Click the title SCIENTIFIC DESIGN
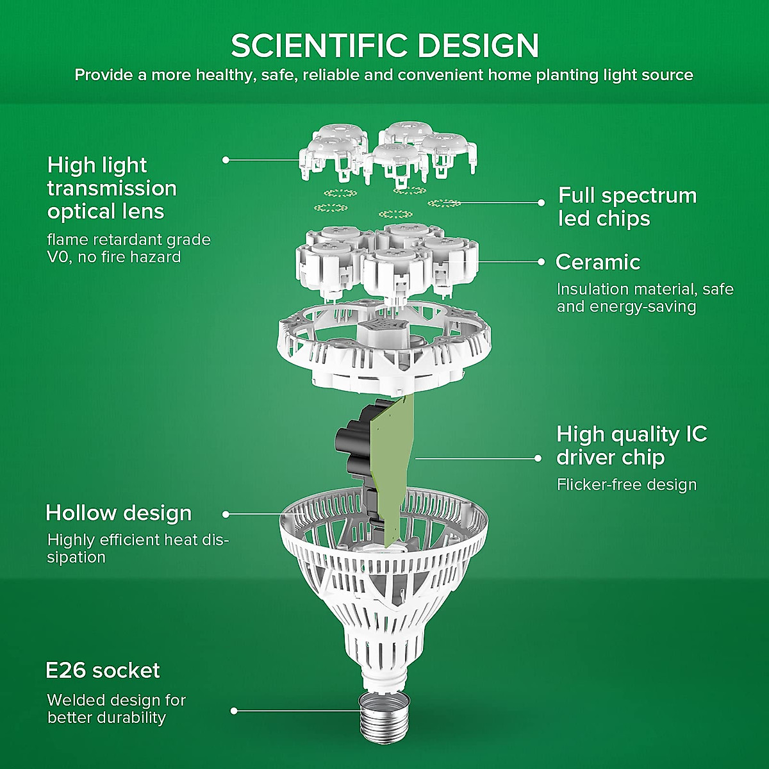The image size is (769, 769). pyautogui.click(x=384, y=45)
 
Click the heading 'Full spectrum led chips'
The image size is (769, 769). pyautogui.click(x=627, y=206)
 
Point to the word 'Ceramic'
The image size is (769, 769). pyautogui.click(x=598, y=262)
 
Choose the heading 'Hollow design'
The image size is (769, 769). pyautogui.click(x=119, y=513)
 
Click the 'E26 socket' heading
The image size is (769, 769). pyautogui.click(x=103, y=671)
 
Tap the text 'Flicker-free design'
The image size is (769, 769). pyautogui.click(x=626, y=484)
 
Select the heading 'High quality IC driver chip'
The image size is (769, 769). pyautogui.click(x=631, y=445)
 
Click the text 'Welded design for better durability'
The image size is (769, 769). pyautogui.click(x=116, y=709)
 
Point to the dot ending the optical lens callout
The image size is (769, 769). pyautogui.click(x=226, y=160)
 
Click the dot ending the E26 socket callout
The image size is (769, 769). pyautogui.click(x=235, y=711)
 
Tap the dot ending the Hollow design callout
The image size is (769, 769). pyautogui.click(x=226, y=514)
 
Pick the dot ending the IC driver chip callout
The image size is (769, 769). pyautogui.click(x=538, y=458)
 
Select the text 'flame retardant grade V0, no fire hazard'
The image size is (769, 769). pyautogui.click(x=128, y=249)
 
